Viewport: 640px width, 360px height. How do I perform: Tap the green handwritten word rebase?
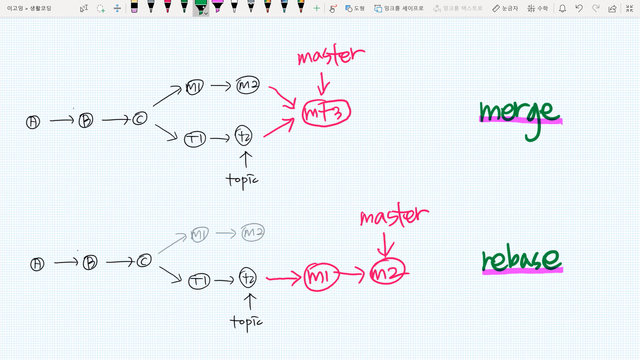point(522,260)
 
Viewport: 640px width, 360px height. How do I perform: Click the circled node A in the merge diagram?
point(33,122)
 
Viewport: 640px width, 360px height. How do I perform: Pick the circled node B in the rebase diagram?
point(90,263)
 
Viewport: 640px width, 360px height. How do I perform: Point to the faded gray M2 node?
point(253,232)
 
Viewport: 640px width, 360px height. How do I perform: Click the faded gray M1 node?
point(200,234)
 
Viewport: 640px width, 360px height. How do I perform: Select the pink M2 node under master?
point(387,272)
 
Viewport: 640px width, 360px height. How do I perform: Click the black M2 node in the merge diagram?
point(248,85)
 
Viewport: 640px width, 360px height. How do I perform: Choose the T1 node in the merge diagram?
point(195,139)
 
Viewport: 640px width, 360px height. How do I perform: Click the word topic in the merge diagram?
point(242,180)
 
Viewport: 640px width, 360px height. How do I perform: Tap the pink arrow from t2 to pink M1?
point(283,278)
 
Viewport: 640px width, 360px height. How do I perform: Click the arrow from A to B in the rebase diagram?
point(66,263)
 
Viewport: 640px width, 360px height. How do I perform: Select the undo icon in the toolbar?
point(579,8)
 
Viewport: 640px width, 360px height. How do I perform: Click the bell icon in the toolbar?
point(562,8)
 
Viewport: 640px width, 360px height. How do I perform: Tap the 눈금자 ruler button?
point(505,8)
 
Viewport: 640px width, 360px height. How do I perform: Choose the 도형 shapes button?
point(355,8)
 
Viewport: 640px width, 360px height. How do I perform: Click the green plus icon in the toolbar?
point(317,8)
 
